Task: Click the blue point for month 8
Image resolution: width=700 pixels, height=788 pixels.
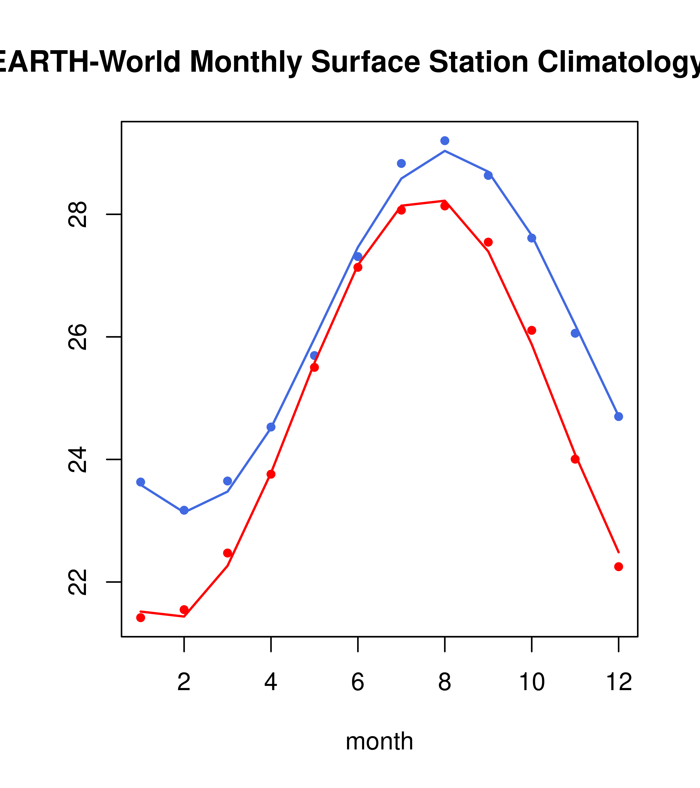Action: coord(445,141)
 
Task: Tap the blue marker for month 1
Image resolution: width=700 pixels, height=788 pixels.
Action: coord(141,482)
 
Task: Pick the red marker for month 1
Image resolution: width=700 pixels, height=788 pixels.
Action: coord(141,618)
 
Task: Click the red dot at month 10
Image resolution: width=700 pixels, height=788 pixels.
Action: coord(532,330)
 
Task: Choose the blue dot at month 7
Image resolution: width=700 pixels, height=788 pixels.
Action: coord(401,163)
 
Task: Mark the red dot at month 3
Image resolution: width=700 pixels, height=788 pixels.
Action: coord(228,553)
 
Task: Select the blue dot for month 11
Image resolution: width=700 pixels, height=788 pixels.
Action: coord(575,333)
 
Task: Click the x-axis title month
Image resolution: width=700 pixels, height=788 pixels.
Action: coord(379,741)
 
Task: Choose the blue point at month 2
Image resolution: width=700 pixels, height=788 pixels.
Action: coord(184,510)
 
